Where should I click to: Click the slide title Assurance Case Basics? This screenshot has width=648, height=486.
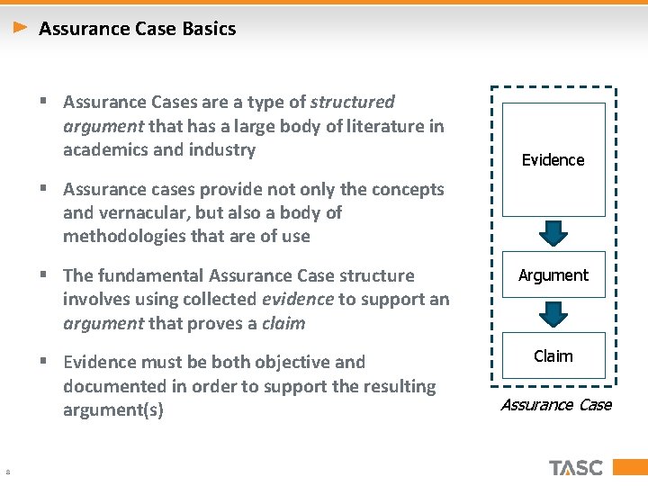(x=137, y=29)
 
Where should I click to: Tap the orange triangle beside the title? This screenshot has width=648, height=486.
(x=22, y=28)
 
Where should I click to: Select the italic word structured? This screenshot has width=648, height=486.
(x=352, y=103)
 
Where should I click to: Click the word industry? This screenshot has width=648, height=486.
(x=221, y=149)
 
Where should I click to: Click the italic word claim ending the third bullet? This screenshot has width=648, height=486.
(x=283, y=323)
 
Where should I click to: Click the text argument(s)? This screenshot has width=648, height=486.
(x=113, y=410)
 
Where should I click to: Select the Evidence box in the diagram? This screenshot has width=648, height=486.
(x=553, y=159)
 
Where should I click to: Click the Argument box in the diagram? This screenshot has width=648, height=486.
(x=553, y=275)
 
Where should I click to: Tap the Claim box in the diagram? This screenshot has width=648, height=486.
(x=553, y=356)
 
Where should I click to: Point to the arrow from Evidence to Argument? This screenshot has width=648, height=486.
(x=553, y=233)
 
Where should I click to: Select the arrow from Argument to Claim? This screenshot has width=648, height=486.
(x=553, y=313)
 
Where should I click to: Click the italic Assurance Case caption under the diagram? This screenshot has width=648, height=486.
(x=555, y=405)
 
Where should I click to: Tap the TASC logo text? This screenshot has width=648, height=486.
(x=576, y=467)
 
